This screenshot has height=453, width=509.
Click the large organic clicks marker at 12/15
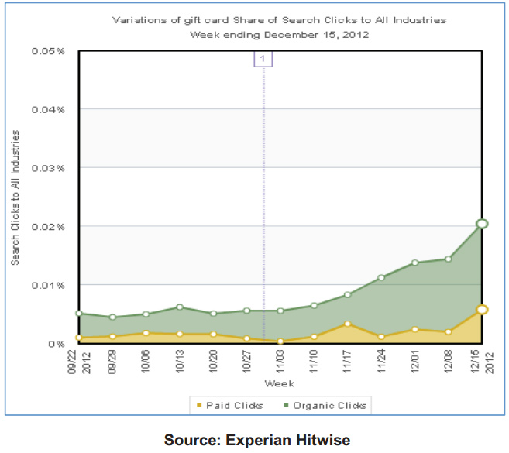(x=481, y=224)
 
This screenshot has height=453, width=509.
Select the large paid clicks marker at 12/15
(x=481, y=310)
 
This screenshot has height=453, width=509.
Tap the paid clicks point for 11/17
(x=347, y=324)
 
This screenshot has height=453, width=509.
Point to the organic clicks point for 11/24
(x=381, y=277)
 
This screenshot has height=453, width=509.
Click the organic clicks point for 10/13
(x=180, y=307)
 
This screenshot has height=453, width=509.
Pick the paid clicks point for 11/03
(x=280, y=341)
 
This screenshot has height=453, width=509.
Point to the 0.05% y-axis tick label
(x=49, y=51)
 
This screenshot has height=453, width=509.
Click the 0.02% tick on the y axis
(x=49, y=226)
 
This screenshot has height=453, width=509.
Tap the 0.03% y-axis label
(x=49, y=168)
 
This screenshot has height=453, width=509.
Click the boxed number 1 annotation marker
(x=263, y=59)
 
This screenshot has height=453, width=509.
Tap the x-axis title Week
(x=279, y=384)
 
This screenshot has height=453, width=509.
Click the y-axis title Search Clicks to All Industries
(x=15, y=197)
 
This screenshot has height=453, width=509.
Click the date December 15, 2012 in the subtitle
(x=323, y=34)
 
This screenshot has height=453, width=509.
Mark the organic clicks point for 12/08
(x=448, y=259)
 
